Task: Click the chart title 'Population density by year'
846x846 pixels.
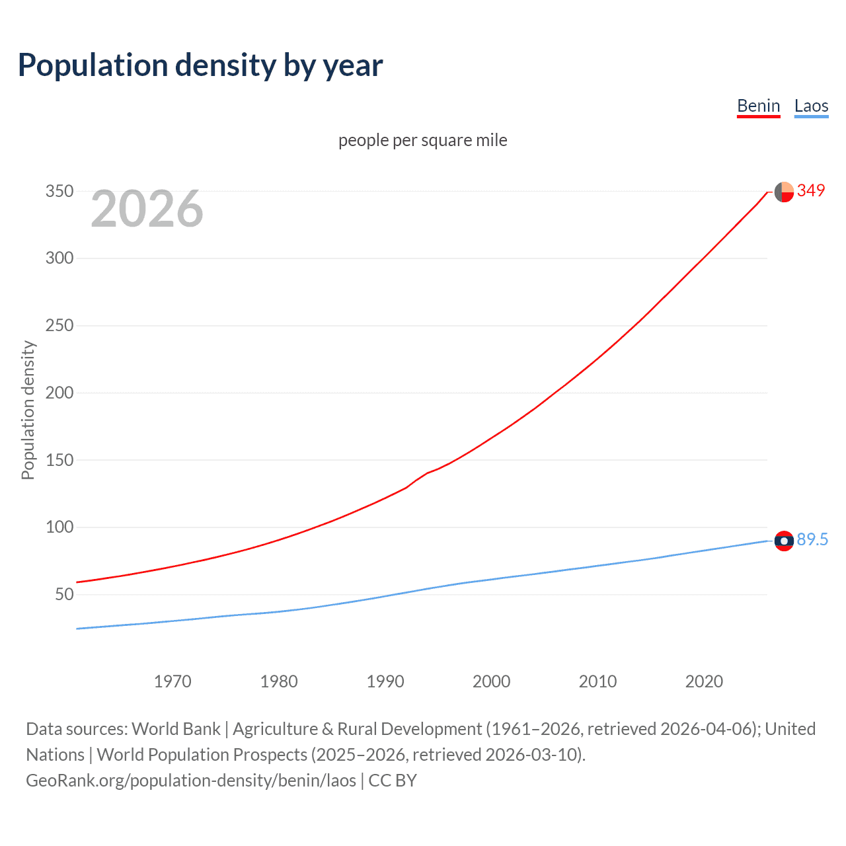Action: coord(200,65)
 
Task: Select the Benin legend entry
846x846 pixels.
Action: coord(758,106)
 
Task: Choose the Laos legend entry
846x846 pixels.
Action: coord(811,106)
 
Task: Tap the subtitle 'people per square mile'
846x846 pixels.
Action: coord(422,140)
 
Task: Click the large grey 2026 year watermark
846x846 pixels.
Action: coord(147,209)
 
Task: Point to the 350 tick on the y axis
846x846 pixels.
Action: coord(59,191)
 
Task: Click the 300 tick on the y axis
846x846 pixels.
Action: coord(59,258)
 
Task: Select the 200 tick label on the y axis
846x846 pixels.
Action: coord(59,393)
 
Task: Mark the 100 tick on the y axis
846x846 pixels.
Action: coord(59,527)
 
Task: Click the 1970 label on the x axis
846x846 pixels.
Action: coord(173,681)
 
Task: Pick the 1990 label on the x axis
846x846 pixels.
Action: coord(385,681)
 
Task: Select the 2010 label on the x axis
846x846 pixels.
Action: coord(597,681)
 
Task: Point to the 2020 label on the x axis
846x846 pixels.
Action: coord(704,681)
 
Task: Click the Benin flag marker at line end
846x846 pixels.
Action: coord(784,192)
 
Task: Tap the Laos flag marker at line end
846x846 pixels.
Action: coord(784,541)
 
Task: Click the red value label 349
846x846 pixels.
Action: coord(811,190)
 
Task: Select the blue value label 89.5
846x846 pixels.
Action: coord(812,539)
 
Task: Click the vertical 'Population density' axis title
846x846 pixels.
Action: coord(28,410)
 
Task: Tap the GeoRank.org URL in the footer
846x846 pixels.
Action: coord(191,780)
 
